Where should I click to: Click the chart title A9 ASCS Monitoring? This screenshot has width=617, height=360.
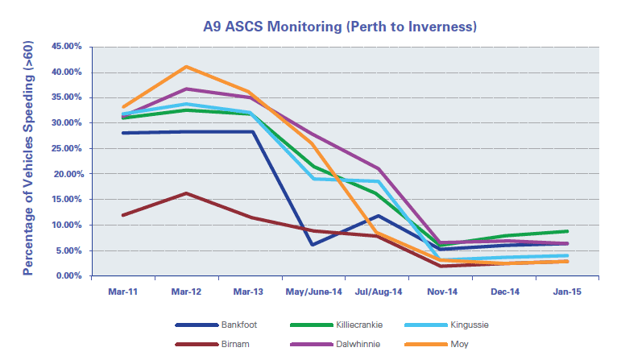[x=341, y=27]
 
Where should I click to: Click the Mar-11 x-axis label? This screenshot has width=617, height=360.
[x=122, y=291]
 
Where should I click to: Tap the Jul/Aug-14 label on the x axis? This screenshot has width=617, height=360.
[x=376, y=291]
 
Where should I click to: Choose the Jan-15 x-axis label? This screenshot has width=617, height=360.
[x=566, y=291]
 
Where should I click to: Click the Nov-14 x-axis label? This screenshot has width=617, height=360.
[x=440, y=291]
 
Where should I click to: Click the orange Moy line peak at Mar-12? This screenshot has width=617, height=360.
[x=186, y=67]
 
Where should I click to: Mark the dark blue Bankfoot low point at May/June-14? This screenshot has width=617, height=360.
[x=313, y=245]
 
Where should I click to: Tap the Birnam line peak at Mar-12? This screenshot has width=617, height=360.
[x=186, y=193]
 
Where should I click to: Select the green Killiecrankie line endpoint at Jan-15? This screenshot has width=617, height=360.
[x=566, y=231]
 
